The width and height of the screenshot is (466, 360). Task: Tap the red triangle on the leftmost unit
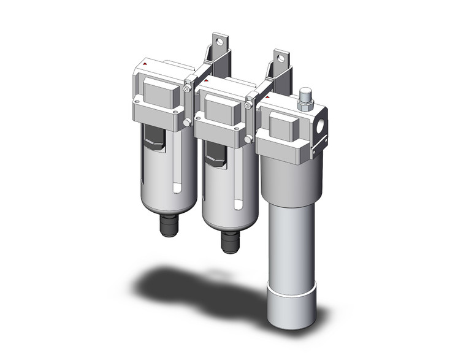point(145,64)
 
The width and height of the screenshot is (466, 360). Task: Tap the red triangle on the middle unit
point(207,79)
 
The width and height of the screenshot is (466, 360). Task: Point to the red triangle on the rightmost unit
point(268,96)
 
